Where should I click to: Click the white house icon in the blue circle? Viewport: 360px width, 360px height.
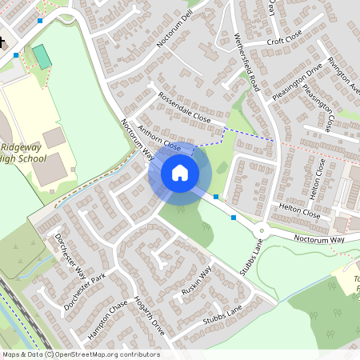coord(180,173)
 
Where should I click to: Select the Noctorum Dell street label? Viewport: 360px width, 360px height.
coord(176,29)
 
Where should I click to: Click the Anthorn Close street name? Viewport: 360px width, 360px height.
coord(159,138)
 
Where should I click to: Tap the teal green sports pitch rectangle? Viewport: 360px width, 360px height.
coord(41,56)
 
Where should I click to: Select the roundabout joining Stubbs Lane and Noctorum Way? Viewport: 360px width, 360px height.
coord(262,231)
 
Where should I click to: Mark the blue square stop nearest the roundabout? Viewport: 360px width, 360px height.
coord(234,217)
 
